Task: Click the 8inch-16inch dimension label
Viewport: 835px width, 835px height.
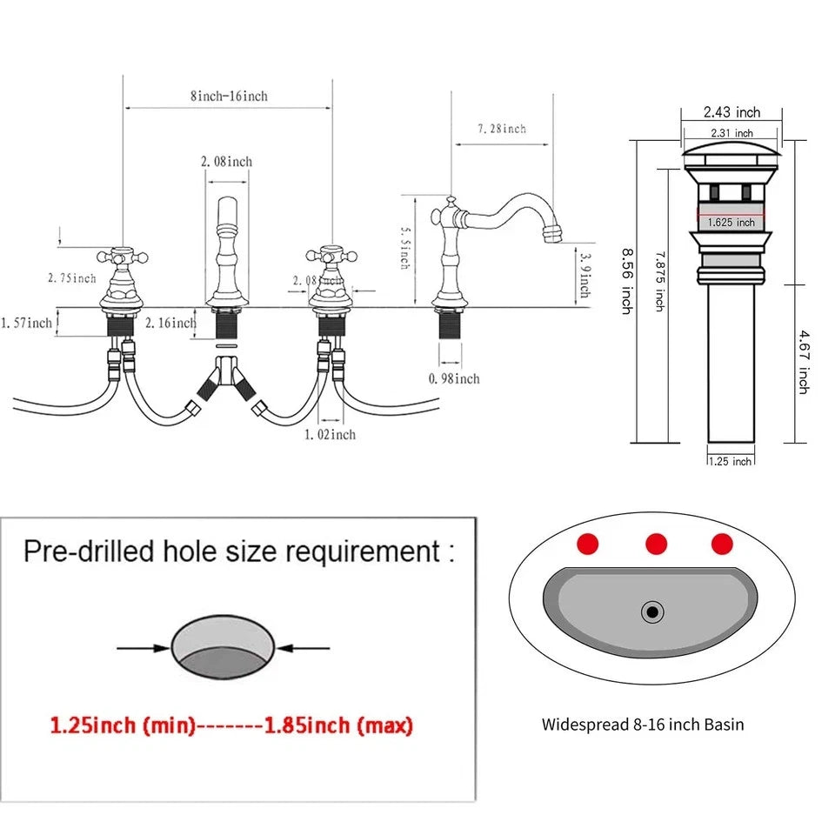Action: click(x=229, y=97)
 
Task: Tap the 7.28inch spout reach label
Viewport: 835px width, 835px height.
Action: click(x=502, y=129)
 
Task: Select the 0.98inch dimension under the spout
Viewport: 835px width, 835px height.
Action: click(x=454, y=378)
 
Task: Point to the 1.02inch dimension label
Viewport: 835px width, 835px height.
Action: click(x=330, y=434)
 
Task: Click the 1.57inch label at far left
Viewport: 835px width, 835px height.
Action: click(x=27, y=324)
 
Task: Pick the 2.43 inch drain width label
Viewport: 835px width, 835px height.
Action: click(x=731, y=112)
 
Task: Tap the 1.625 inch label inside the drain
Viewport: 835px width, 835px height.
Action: click(x=731, y=223)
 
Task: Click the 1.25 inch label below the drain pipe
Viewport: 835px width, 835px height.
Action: click(x=731, y=461)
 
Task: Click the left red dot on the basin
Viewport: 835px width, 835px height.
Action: click(x=589, y=544)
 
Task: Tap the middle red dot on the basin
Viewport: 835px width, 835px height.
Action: click(x=656, y=544)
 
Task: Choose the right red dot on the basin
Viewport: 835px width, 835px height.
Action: click(x=722, y=544)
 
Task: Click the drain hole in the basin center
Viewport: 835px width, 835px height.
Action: click(x=652, y=612)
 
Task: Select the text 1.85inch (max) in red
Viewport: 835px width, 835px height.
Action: click(x=338, y=725)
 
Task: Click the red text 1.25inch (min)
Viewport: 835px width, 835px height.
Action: click(x=123, y=725)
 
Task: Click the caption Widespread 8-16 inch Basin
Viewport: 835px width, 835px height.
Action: click(x=643, y=724)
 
